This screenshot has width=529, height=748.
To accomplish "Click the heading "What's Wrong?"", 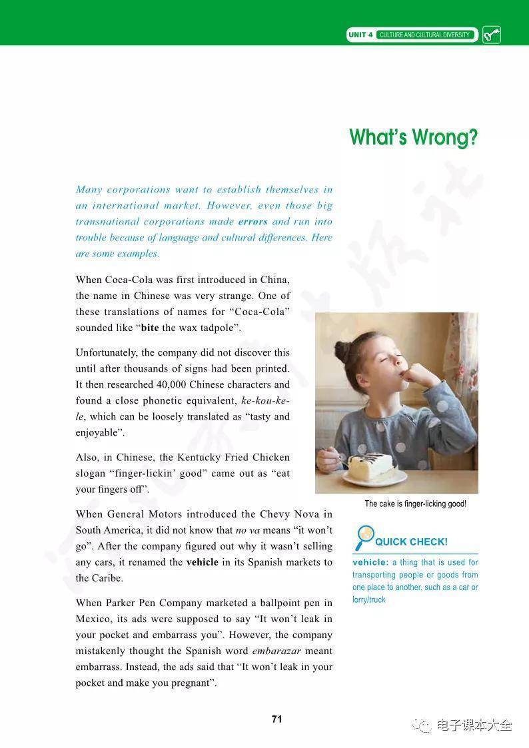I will (413, 138).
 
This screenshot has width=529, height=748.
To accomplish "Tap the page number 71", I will (277, 719).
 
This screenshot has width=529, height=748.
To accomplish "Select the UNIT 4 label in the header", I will (360, 35).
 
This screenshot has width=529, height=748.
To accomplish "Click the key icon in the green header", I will (491, 35).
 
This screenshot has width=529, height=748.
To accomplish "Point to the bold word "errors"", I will (253, 222).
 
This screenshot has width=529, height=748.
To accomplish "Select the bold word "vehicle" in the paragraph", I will (202, 562).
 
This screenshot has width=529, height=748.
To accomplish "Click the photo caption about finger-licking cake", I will (415, 504).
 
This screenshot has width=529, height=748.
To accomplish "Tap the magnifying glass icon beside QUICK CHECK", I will (364, 536).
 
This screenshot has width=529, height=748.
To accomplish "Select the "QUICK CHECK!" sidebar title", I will (411, 542).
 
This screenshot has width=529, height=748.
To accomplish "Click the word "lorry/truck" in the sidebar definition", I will (369, 599).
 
